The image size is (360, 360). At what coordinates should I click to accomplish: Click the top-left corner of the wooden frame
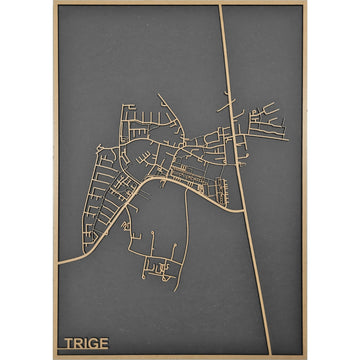54,3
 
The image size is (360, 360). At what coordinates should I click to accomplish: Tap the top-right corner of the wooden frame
306,3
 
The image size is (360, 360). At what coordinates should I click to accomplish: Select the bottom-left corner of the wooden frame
54,357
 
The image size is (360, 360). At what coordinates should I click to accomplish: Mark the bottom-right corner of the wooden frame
306,357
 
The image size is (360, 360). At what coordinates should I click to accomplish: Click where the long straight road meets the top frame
221,6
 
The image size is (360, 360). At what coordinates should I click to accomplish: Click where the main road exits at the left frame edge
58,263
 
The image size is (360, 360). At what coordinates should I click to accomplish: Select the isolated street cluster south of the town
156,267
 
